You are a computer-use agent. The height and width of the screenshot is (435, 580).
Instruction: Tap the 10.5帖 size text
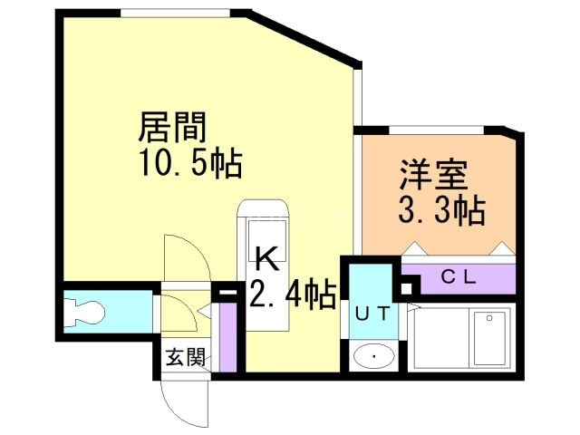189,163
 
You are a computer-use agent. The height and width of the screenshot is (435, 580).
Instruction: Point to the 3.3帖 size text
441,212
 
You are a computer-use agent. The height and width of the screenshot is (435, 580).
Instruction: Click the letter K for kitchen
266,259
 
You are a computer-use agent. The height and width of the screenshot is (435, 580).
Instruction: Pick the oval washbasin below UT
372,354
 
